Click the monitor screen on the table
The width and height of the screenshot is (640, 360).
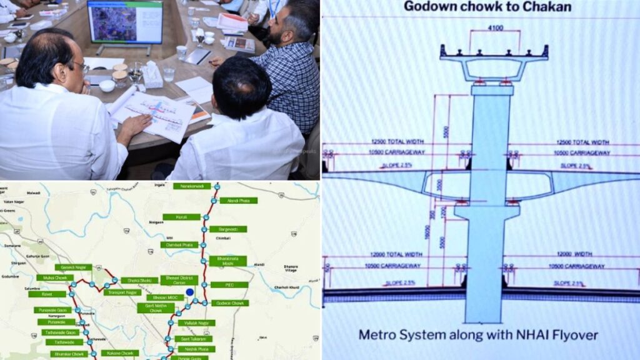pos(124,22)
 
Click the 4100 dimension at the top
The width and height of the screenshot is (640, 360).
pos(496,27)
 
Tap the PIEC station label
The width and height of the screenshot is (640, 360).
pos(229,285)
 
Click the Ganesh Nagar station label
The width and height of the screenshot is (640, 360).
pos(73,267)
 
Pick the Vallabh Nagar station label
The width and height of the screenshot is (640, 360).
pos(196,323)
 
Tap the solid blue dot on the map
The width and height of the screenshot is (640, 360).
pos(189,292)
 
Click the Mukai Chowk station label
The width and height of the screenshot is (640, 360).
pos(55,277)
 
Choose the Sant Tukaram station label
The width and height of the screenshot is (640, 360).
pos(192,339)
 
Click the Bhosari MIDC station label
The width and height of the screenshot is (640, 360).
pos(165,297)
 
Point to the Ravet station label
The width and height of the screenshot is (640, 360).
pos(47,294)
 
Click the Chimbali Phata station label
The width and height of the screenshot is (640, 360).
pos(179,245)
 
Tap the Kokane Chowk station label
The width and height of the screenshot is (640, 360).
pos(119,353)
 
